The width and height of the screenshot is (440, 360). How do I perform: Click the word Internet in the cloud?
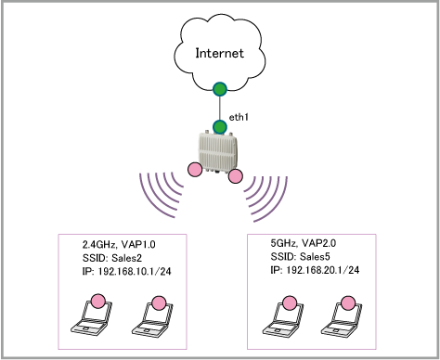(219, 53)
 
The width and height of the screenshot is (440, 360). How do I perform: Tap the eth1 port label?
(239, 117)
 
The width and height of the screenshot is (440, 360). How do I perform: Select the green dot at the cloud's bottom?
(220, 89)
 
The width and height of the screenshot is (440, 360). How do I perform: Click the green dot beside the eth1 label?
(220, 127)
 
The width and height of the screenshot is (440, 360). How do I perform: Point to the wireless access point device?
(218, 152)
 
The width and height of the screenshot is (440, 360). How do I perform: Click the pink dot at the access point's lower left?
(195, 170)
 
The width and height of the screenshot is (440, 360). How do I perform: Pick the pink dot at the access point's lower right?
(236, 176)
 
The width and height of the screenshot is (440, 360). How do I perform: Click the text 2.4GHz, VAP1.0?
(119, 245)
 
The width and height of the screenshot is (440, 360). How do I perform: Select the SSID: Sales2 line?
(112, 258)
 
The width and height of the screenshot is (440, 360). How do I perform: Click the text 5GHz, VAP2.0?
(304, 243)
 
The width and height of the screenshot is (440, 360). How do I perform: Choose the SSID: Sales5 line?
(300, 257)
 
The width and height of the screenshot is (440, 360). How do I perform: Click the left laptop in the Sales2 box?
(91, 317)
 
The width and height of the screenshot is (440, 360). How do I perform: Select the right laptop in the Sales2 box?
(152, 318)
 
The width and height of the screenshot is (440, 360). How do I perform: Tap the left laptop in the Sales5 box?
(283, 318)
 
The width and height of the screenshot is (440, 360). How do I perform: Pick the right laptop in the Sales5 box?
(342, 318)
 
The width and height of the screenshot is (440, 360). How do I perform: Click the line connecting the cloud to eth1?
(220, 109)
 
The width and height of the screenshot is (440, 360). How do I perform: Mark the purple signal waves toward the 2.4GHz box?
(161, 195)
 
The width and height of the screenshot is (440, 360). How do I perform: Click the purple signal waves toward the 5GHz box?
(266, 199)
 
